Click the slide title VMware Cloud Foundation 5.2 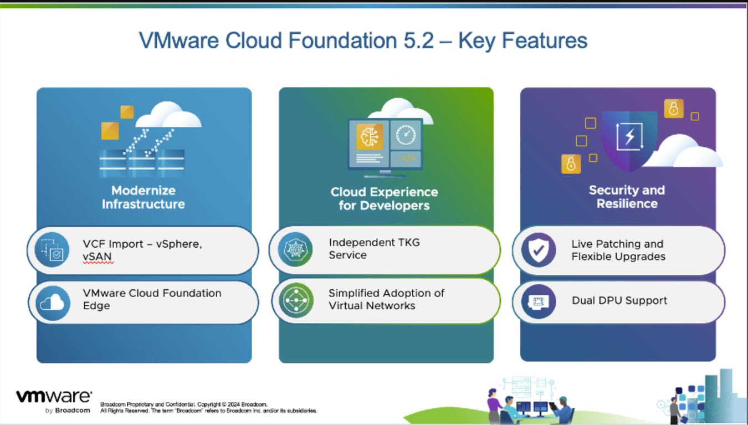point(363,41)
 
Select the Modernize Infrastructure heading point(143,197)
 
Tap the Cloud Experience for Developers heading point(384,199)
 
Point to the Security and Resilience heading point(627,197)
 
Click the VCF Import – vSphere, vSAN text point(142,250)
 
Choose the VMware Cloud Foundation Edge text point(152,299)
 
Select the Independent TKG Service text point(374,249)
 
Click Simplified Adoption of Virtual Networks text point(386,299)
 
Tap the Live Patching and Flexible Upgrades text point(618,250)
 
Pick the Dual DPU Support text point(619,301)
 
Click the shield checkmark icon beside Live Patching point(538,250)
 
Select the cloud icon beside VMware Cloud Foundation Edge point(53,303)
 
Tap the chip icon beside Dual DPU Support point(538,301)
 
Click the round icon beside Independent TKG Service point(295,249)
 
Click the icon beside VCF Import point(52,250)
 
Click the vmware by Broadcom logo point(54,401)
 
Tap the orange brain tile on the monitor point(370,136)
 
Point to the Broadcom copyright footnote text point(208,407)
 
